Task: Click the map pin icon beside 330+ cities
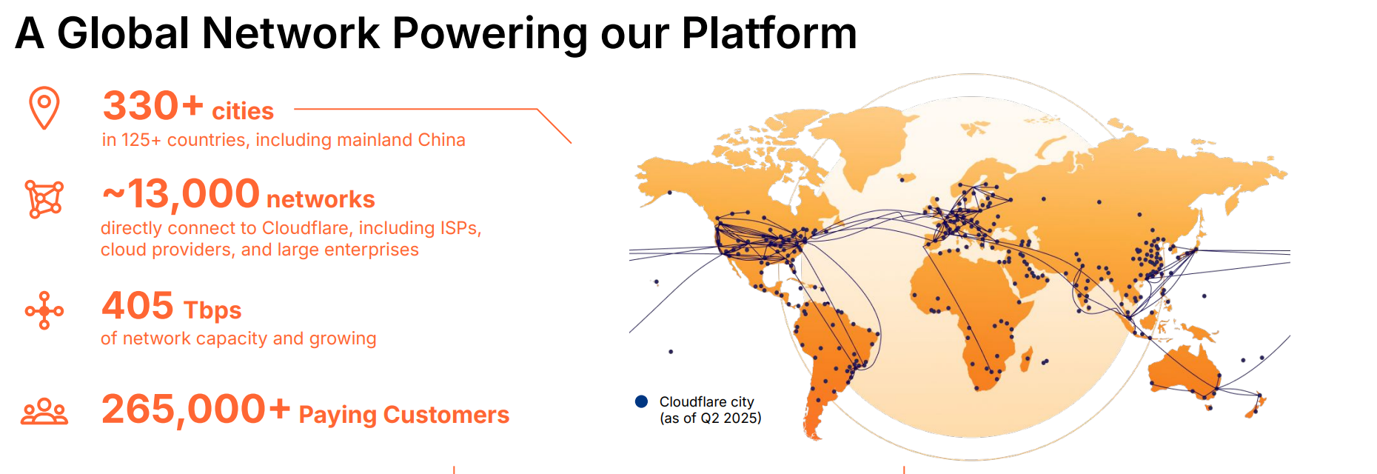(44, 108)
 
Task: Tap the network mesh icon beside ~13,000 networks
(44, 199)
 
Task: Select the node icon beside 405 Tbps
(44, 310)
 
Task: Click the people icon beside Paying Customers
(44, 412)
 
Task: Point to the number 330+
(153, 105)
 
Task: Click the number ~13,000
(181, 194)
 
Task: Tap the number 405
(138, 305)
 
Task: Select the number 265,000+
(195, 409)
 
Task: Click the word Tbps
(212, 310)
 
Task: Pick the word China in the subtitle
(442, 140)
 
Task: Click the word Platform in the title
(769, 33)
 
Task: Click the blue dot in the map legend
(642, 401)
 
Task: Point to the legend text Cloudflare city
(707, 401)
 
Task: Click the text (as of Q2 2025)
(711, 418)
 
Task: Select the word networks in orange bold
(321, 199)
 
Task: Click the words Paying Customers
(404, 415)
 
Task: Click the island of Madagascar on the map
(1027, 361)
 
